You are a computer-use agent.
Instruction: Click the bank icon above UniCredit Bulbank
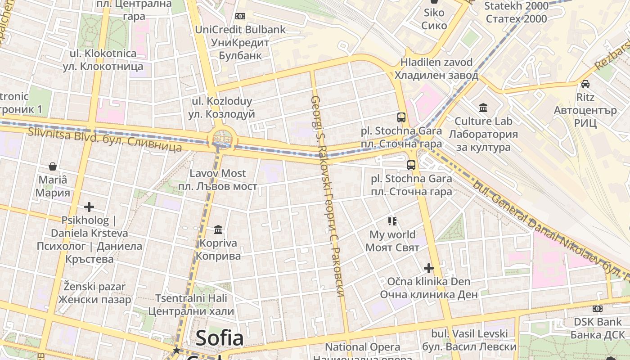click(x=240, y=16)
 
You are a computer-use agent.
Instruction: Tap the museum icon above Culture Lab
click(x=484, y=108)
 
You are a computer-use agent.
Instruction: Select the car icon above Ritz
click(x=585, y=84)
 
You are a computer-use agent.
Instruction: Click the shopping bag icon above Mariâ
click(x=53, y=166)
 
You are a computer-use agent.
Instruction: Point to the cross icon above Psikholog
click(x=89, y=207)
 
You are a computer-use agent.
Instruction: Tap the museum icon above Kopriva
click(x=218, y=230)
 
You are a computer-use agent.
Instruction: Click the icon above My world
click(x=392, y=221)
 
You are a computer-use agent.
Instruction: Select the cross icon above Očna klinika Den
click(x=429, y=269)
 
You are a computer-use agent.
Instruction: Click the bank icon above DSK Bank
click(x=598, y=309)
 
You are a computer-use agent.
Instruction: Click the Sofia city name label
click(x=220, y=338)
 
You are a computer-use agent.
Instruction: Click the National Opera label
click(x=363, y=347)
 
